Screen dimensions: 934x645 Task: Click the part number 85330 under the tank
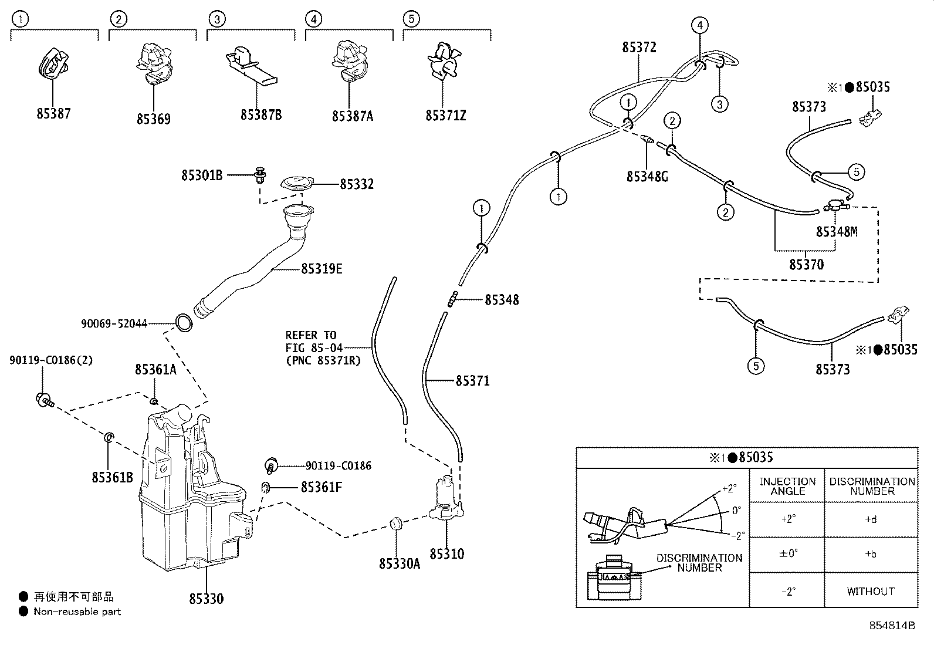[207, 599]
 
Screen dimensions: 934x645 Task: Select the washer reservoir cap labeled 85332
[297, 183]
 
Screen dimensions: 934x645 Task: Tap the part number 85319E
[322, 269]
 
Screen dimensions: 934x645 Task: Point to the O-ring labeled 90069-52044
[184, 323]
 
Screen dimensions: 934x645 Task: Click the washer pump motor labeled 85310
[446, 498]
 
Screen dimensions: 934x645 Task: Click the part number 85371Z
[445, 116]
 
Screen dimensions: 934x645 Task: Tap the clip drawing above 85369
[154, 62]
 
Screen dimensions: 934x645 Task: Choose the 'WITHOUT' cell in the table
[871, 591]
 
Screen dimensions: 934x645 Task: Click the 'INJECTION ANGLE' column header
[787, 486]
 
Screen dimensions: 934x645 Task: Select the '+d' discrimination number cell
[871, 519]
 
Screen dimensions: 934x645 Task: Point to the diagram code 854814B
[892, 626]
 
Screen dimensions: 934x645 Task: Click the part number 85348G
[647, 177]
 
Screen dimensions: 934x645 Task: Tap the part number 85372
[639, 48]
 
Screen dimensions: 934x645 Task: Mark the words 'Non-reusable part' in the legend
[77, 612]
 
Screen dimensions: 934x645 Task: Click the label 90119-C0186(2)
[51, 360]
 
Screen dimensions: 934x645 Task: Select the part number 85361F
[322, 487]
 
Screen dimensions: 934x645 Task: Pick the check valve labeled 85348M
[836, 205]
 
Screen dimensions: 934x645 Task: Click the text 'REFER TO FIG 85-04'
[313, 341]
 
